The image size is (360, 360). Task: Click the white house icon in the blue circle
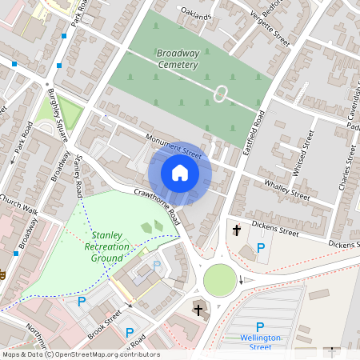click(x=180, y=173)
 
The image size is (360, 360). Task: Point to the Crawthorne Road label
click(x=161, y=206)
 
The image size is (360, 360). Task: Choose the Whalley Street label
click(x=287, y=193)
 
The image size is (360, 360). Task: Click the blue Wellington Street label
click(x=259, y=342)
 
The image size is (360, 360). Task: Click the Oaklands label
click(x=196, y=15)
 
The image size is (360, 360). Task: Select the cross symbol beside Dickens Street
click(x=237, y=231)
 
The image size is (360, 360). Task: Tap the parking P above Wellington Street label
click(x=259, y=326)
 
